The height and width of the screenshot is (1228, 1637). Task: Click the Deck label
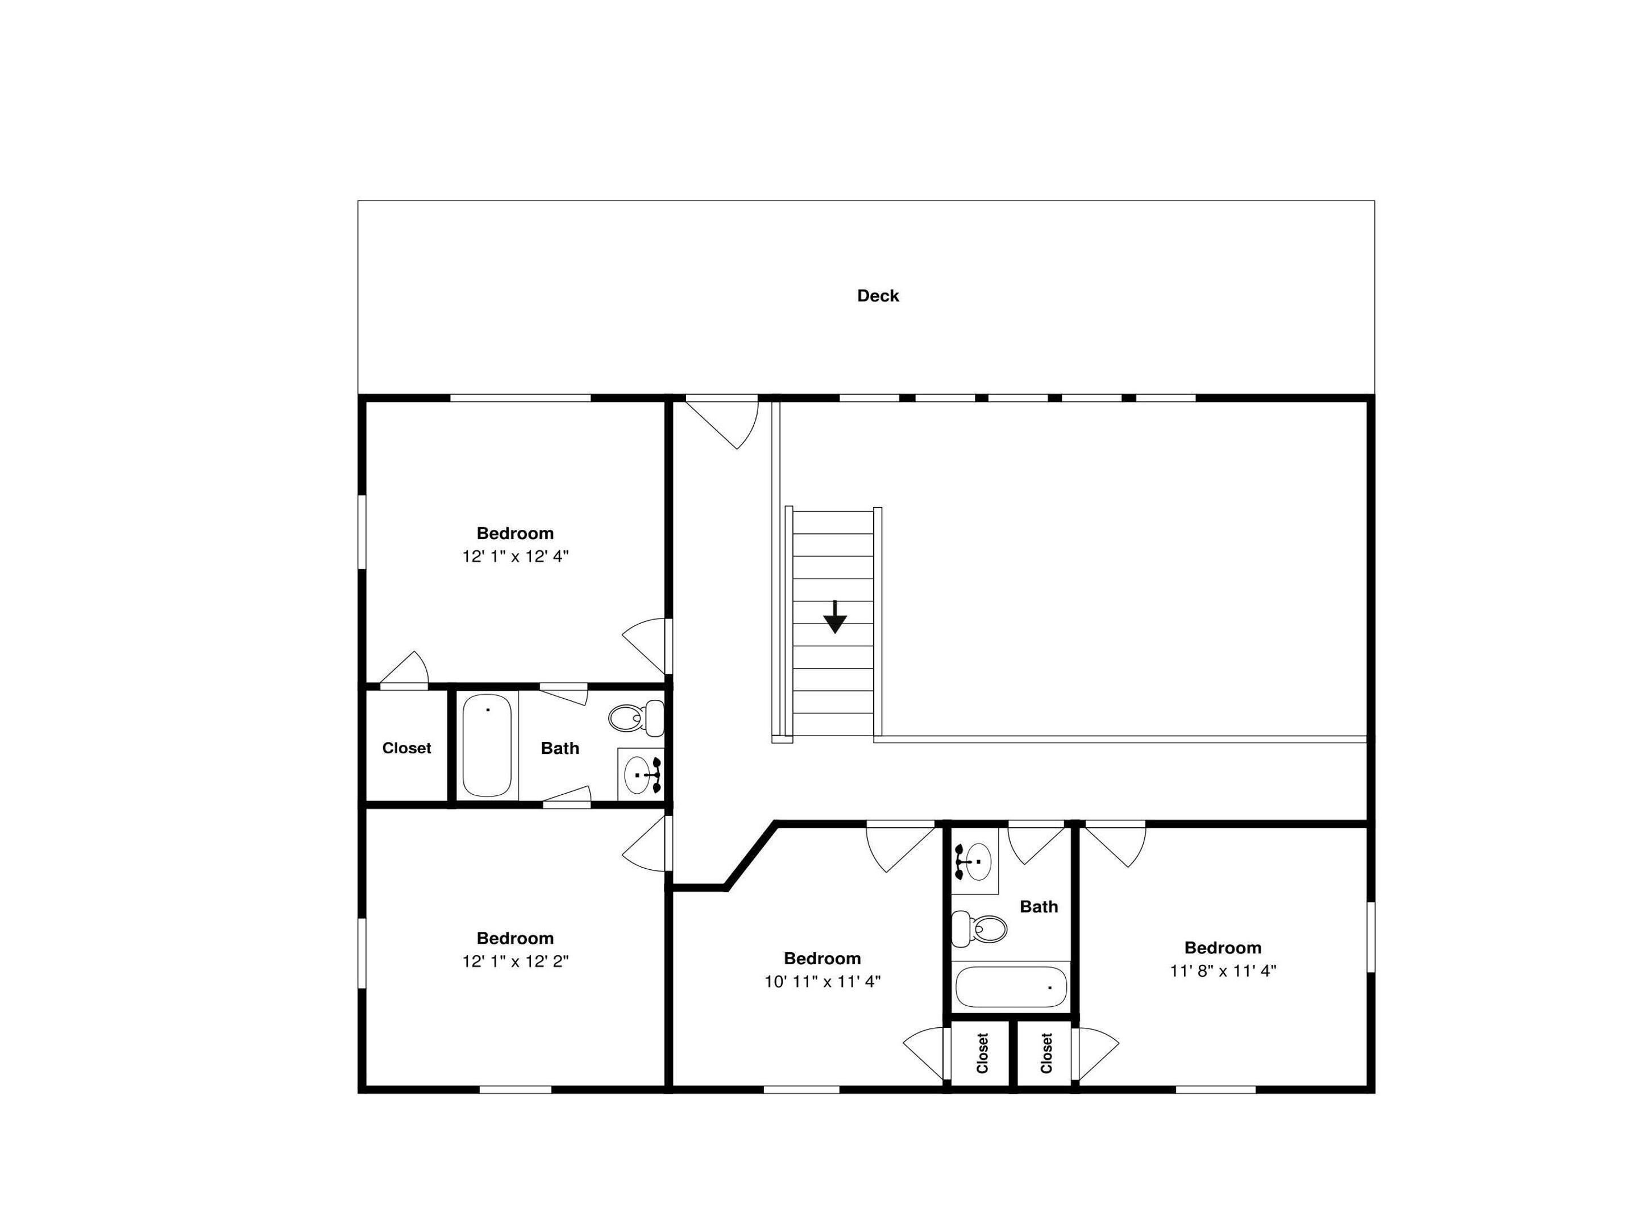[x=878, y=296]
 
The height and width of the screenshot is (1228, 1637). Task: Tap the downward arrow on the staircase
[x=835, y=617]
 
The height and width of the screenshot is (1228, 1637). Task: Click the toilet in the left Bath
[x=635, y=717]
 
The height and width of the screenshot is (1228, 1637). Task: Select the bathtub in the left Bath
[x=487, y=745]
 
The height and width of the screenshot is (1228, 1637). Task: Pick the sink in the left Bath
[x=641, y=774]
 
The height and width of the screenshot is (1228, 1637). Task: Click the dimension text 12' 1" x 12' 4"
[x=515, y=557]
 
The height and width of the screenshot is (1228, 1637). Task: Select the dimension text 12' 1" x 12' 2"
[x=515, y=961]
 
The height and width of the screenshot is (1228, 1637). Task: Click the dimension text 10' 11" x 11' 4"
[x=822, y=981]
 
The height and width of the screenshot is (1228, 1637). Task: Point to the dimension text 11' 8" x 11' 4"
[x=1223, y=970]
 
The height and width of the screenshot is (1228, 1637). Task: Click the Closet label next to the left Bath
[x=406, y=748]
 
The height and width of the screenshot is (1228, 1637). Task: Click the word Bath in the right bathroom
[x=1038, y=907]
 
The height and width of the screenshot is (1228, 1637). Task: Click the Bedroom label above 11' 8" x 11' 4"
[x=1223, y=948]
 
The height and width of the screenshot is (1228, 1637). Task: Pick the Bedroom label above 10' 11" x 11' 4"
[x=822, y=959]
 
